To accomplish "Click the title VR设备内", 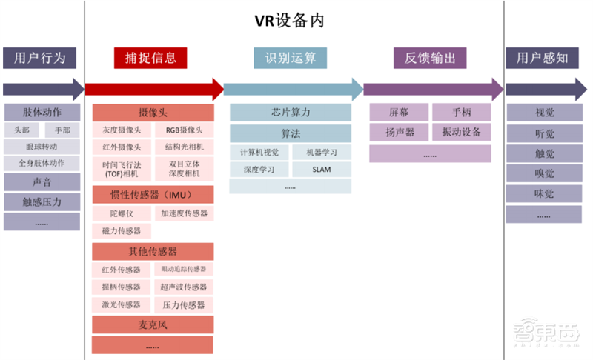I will click(x=295, y=21).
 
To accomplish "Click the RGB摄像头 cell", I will click(x=183, y=130).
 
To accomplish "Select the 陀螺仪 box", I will click(x=122, y=213).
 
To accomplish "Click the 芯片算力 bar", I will click(x=290, y=113).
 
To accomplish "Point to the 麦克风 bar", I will click(x=153, y=324).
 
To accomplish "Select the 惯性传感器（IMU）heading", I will click(x=153, y=195).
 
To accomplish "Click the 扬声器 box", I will click(x=400, y=133).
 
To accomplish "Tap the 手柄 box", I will click(x=461, y=113).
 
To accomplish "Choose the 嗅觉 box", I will click(x=544, y=173).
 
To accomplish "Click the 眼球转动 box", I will click(x=42, y=146).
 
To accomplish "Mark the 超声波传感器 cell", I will click(x=183, y=287).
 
